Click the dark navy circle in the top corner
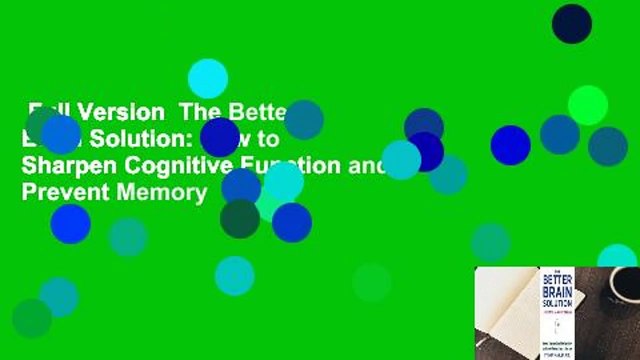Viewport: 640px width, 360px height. click(572, 23)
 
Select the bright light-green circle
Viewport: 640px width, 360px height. click(587, 105)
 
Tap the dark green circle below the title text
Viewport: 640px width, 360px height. click(240, 219)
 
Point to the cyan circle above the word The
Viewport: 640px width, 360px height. click(208, 78)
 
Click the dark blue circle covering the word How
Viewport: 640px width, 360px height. click(220, 138)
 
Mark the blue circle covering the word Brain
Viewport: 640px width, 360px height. click(60, 135)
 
